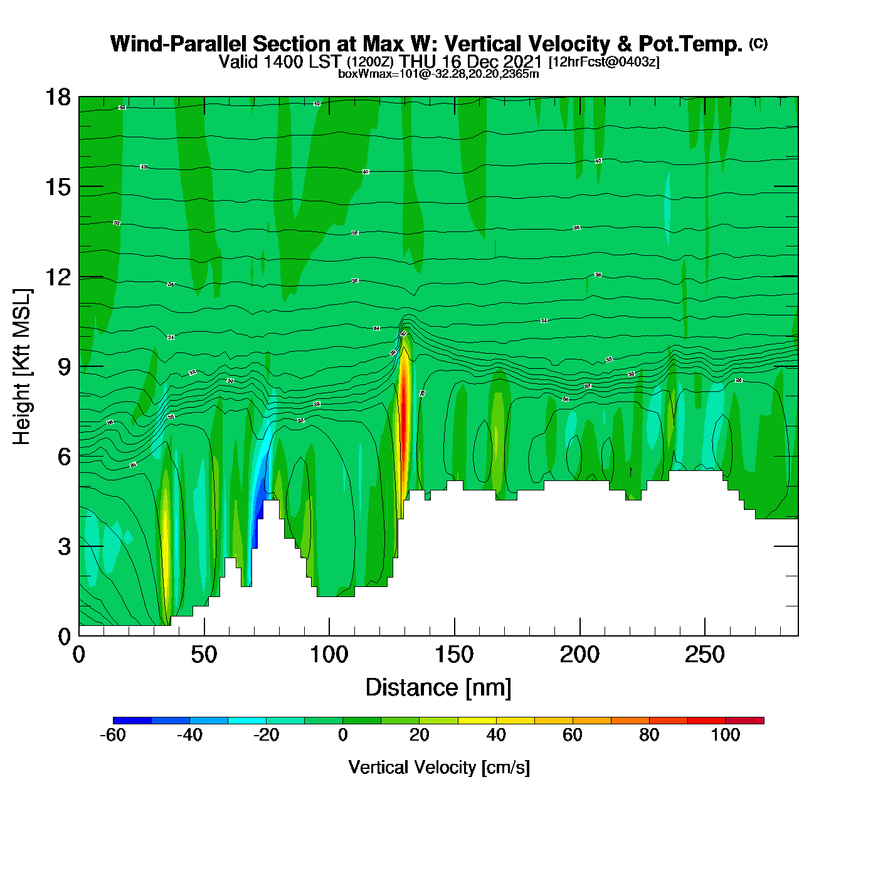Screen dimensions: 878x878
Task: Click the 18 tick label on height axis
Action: [x=57, y=97]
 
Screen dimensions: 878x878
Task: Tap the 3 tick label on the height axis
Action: [x=65, y=546]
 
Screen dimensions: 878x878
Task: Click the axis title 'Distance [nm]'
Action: [x=438, y=688]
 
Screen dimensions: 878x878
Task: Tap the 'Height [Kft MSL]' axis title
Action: [x=22, y=367]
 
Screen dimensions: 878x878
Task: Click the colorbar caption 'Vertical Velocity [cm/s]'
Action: [x=439, y=767]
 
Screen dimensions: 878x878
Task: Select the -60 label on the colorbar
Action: [x=113, y=735]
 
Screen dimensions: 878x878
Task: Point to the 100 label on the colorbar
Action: [x=726, y=735]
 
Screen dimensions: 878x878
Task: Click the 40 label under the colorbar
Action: [x=496, y=735]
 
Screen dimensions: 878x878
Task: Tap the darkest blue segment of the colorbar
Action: [x=132, y=721]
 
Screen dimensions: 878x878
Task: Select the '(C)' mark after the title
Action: [x=758, y=43]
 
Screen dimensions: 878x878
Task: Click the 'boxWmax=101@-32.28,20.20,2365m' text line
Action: [x=438, y=73]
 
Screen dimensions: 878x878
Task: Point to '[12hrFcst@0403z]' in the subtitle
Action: [x=604, y=62]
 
